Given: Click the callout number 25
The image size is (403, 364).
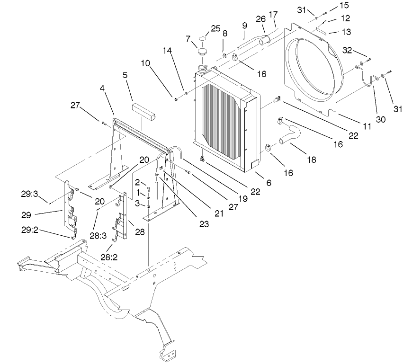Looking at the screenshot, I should click(215, 29).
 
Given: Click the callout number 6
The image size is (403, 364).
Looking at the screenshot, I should click(269, 182).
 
